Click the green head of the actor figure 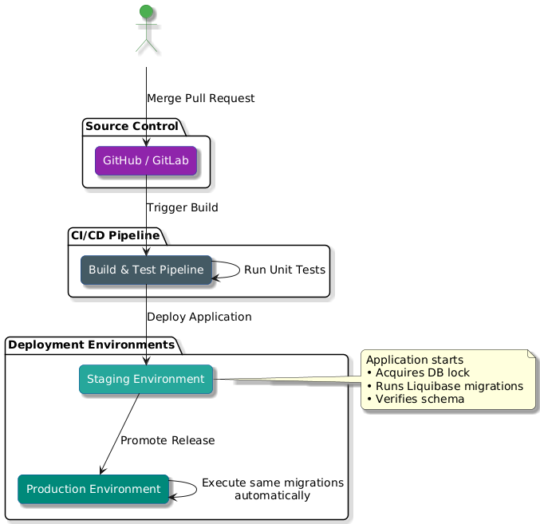[x=146, y=11]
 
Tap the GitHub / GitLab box [x=146, y=161]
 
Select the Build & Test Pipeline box [x=146, y=270]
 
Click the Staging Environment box [x=146, y=379]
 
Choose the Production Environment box [x=93, y=489]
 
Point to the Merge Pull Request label [x=201, y=98]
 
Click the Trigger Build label [x=183, y=207]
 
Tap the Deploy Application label [x=199, y=317]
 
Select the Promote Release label [x=168, y=440]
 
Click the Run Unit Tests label [x=285, y=270]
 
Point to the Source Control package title [x=132, y=126]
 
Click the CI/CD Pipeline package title [x=116, y=235]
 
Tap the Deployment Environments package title [x=91, y=345]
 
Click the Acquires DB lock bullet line [x=419, y=372]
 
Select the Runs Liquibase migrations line [x=445, y=386]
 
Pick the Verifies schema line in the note [x=416, y=399]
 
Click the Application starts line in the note [x=415, y=360]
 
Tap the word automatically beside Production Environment [x=273, y=496]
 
